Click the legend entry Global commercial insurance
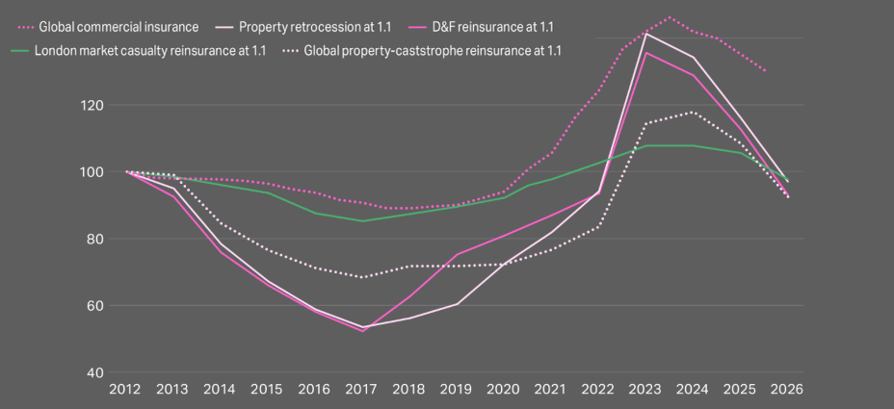click(x=117, y=27)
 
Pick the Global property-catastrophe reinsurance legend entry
click(x=433, y=50)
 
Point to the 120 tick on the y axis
click(x=91, y=105)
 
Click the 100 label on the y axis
click(x=91, y=172)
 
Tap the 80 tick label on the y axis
click(x=92, y=239)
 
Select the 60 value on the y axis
click(x=92, y=306)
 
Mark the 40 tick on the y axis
click(x=92, y=372)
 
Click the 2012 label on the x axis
click(x=125, y=390)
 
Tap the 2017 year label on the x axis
click(x=362, y=390)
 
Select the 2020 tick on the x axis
click(x=504, y=390)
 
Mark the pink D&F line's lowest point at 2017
click(x=362, y=331)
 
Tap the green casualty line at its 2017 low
click(x=362, y=221)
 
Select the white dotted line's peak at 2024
click(x=693, y=113)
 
